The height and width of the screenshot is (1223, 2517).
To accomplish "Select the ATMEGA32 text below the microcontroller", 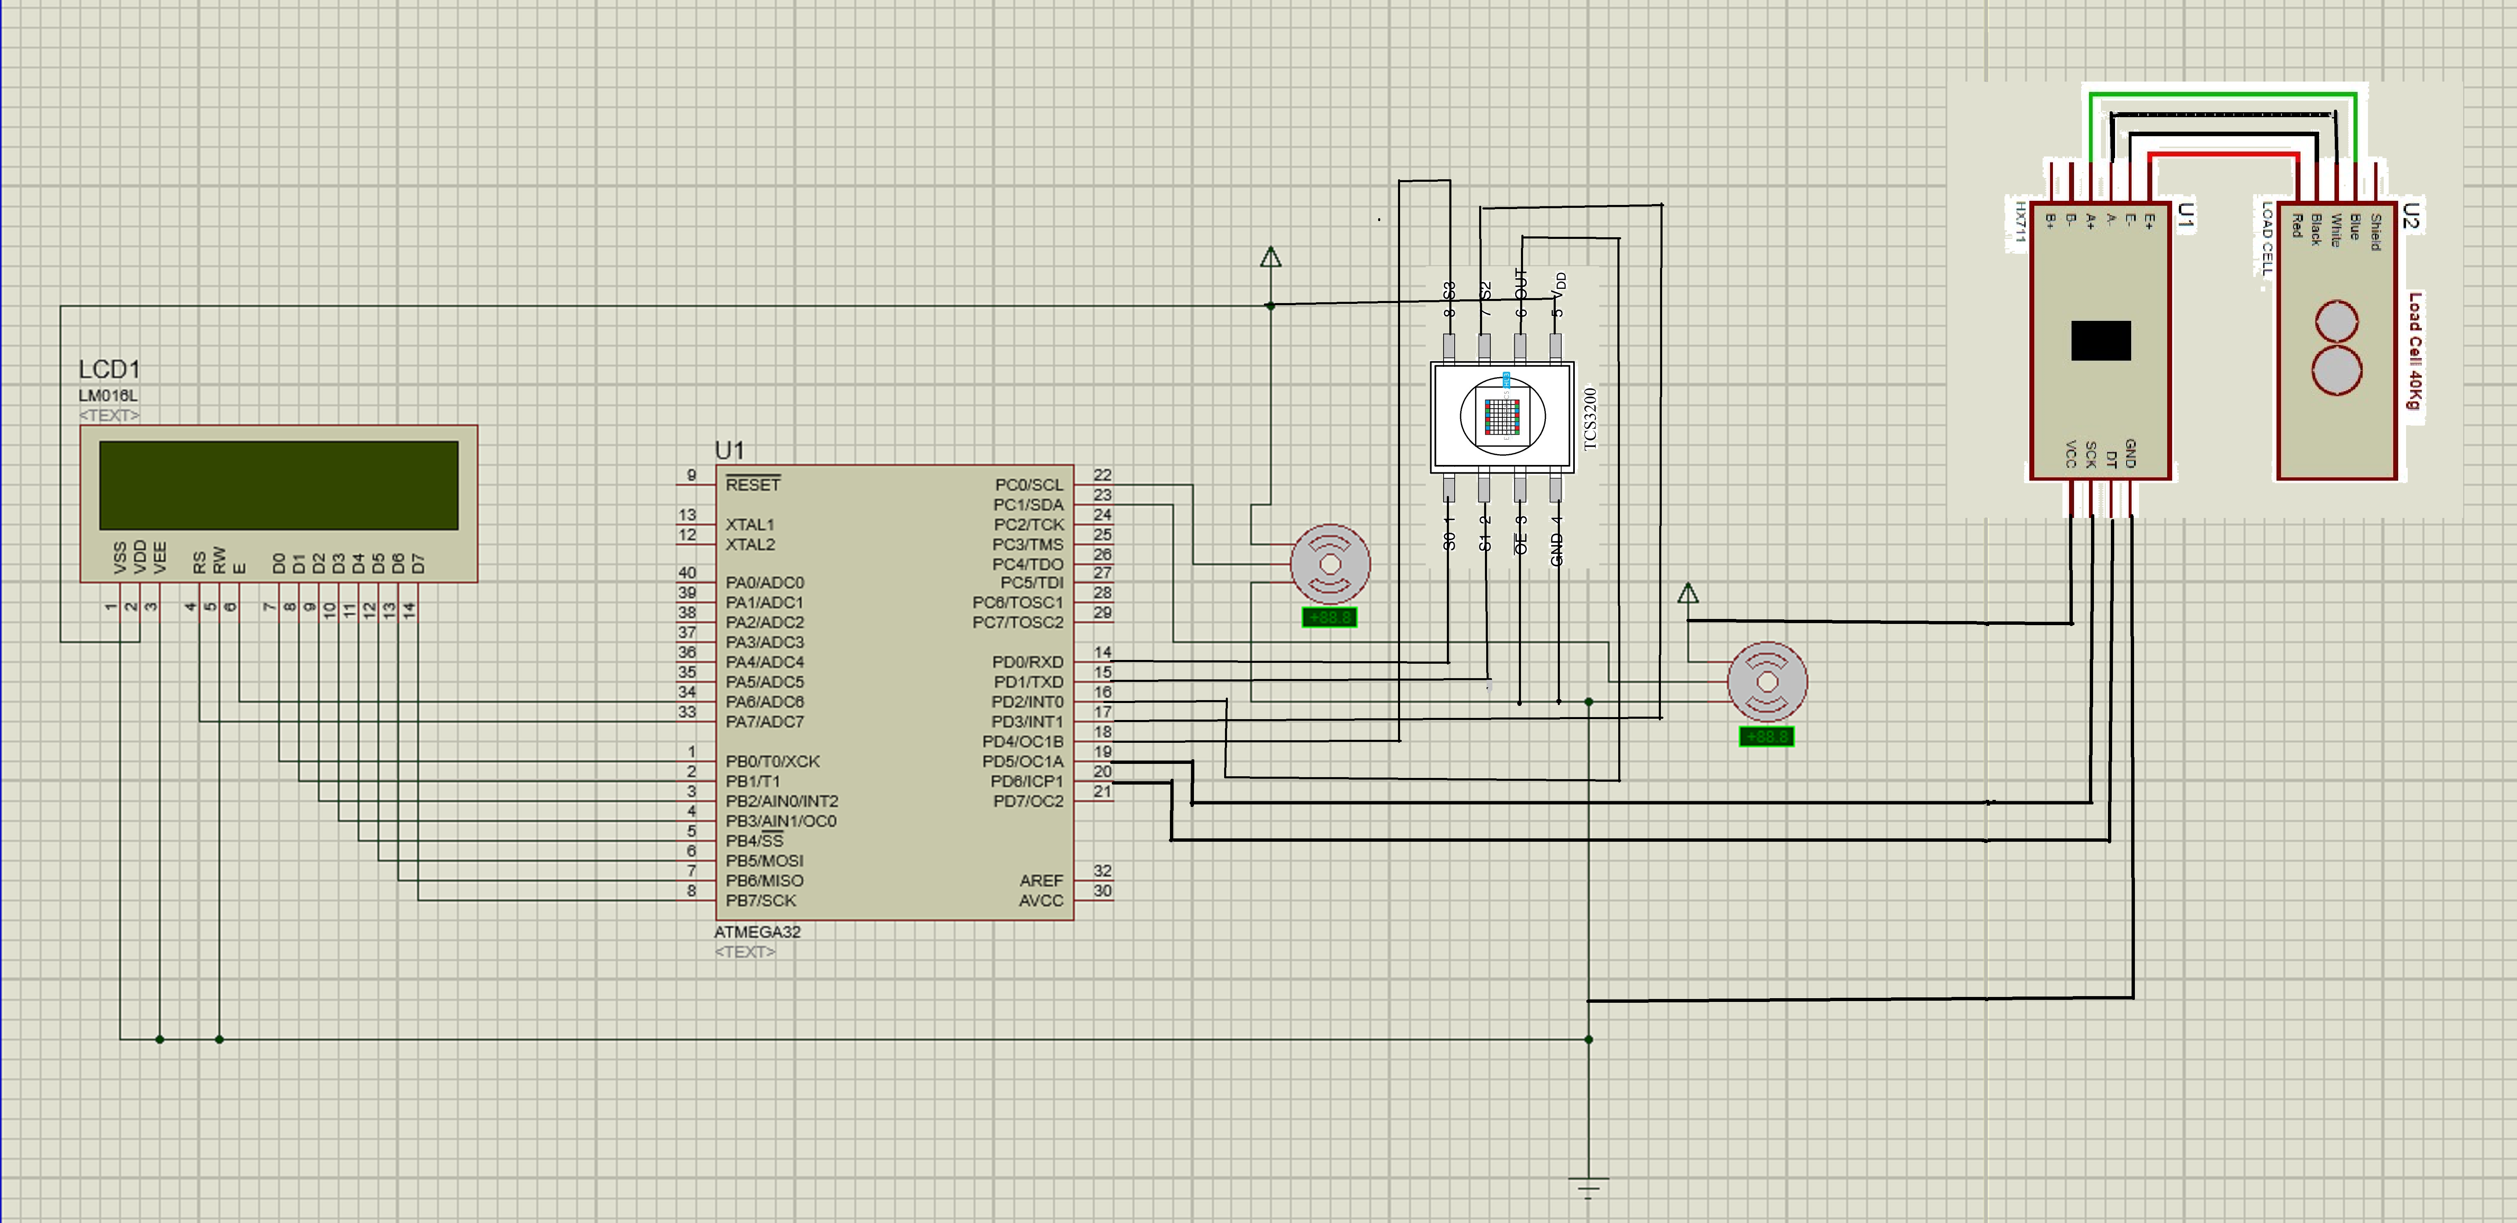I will [757, 932].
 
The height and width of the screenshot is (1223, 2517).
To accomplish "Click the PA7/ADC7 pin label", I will [764, 722].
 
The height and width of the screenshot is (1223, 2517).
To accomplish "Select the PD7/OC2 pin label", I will [1028, 801].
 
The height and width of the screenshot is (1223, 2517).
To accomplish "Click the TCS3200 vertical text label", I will [1590, 418].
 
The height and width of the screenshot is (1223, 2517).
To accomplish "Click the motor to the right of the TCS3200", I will [1766, 681].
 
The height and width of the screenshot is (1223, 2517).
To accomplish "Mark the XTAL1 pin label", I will [749, 525].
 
